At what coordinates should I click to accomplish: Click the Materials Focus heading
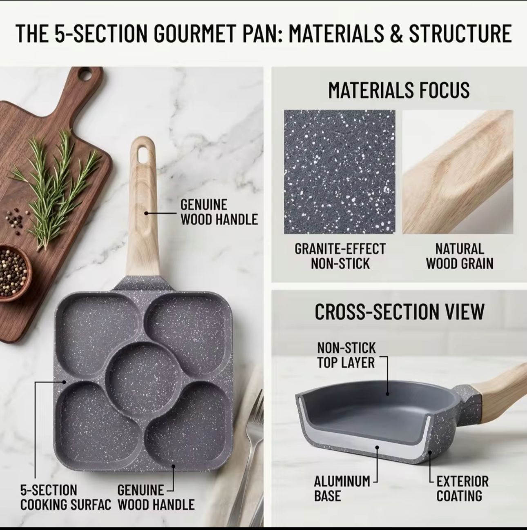[x=399, y=90]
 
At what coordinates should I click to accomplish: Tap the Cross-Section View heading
[x=399, y=312]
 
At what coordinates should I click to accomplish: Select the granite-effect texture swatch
[x=339, y=172]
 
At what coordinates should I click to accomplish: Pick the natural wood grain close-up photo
[x=458, y=172]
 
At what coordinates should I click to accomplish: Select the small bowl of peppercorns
[x=14, y=272]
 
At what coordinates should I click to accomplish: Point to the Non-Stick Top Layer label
[x=346, y=355]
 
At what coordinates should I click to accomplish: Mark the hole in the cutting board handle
[x=85, y=73]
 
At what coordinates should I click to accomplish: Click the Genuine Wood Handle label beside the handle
[x=219, y=212]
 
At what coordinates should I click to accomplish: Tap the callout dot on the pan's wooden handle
[x=146, y=213]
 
